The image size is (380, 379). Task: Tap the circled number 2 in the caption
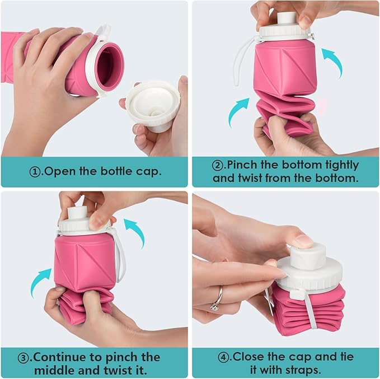tap(218, 166)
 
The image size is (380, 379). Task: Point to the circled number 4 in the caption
tap(225, 356)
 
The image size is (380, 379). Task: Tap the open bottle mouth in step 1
tap(110, 65)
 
